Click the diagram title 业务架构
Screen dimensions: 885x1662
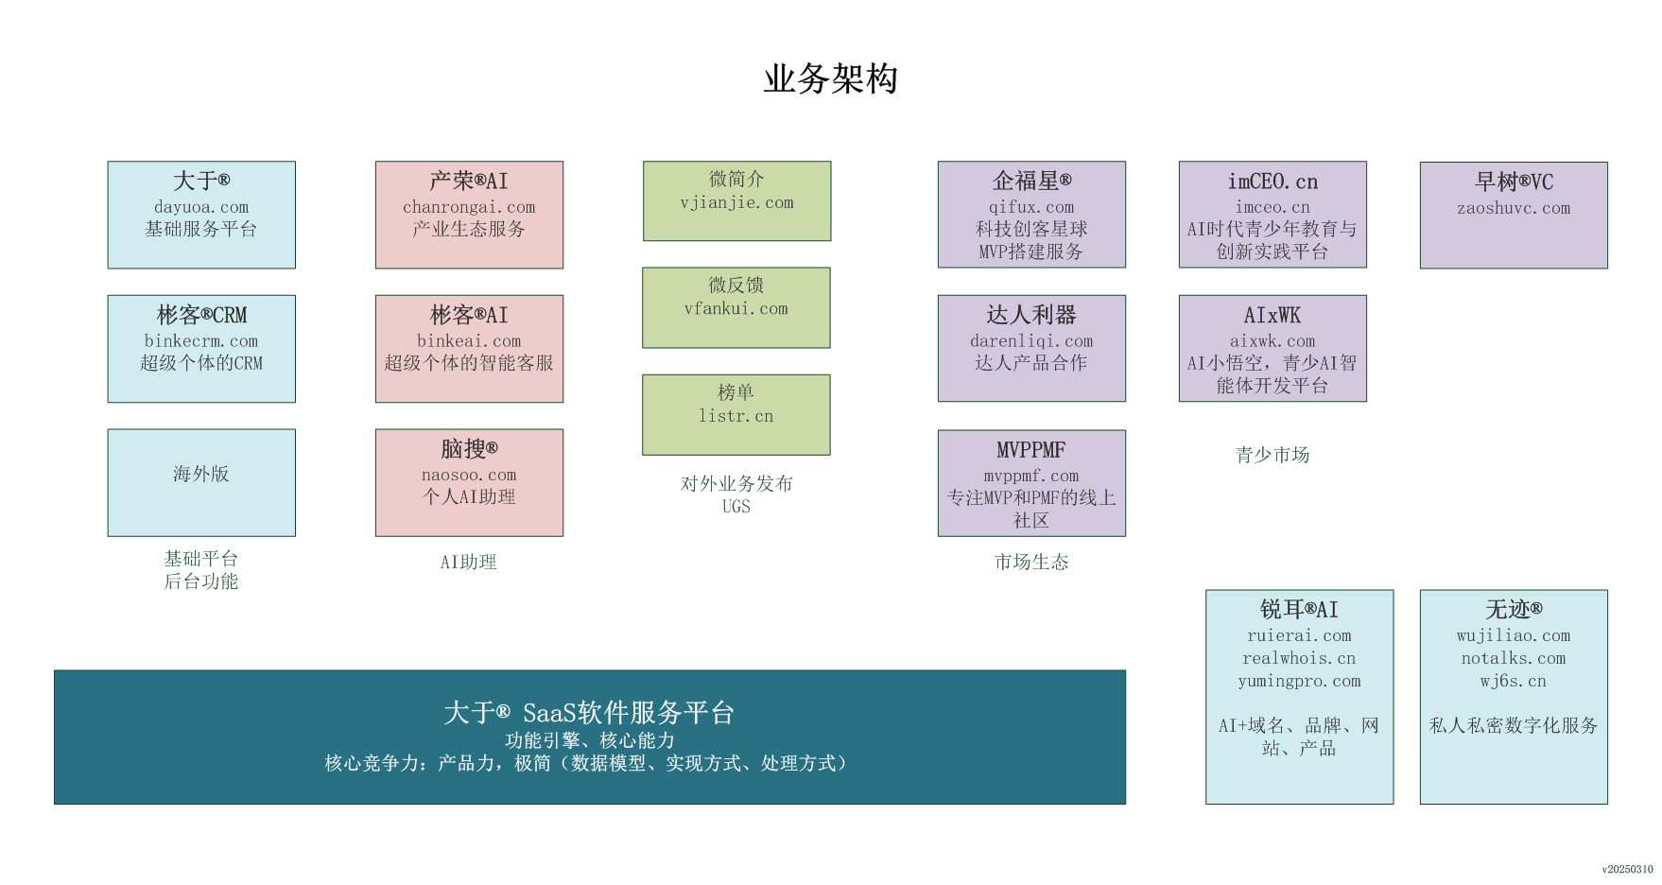(830, 78)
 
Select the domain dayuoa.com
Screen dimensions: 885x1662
(201, 207)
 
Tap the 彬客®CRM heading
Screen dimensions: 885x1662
(201, 315)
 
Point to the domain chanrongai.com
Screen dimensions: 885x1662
(469, 207)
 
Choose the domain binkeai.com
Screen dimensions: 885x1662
(469, 340)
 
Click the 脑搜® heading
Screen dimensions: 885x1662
(469, 449)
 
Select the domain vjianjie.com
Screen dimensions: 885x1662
(736, 202)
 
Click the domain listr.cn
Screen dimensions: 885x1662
(736, 416)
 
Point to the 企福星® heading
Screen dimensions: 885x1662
(1031, 181)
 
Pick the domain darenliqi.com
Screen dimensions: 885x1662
(1031, 340)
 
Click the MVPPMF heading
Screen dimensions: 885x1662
(1031, 450)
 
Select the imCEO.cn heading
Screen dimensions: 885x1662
(1272, 182)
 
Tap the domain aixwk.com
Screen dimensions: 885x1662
(1272, 340)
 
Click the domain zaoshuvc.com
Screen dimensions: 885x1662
(1514, 208)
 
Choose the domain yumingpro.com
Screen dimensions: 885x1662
(1299, 681)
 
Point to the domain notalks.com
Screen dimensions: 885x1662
(1514, 658)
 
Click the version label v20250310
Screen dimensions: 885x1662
(1627, 869)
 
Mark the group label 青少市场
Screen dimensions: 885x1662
(1272, 455)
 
